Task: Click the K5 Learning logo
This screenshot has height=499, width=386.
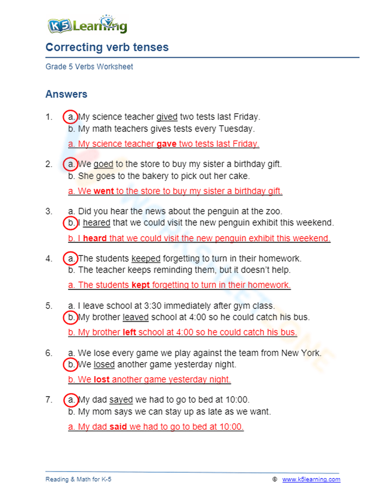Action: point(87,25)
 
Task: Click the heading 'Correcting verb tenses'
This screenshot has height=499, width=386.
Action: point(107,47)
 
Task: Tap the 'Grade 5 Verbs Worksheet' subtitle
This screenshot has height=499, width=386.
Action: point(89,67)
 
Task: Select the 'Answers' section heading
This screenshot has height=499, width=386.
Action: point(66,94)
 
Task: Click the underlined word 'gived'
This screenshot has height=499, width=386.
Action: point(167,117)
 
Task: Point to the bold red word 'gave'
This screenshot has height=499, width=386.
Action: point(166,144)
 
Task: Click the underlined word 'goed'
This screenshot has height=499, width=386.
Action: point(103,164)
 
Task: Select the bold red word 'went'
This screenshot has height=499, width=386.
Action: point(103,191)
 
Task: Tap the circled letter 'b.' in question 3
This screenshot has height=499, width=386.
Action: point(71,223)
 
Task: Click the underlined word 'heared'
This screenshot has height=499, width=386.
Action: point(96,223)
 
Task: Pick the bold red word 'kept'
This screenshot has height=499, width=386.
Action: point(141,285)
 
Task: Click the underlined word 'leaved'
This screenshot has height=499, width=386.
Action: point(135,317)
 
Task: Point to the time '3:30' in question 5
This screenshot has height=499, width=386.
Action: point(152,306)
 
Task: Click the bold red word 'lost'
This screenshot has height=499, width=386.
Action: point(102,379)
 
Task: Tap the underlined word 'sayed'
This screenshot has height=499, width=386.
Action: point(121,400)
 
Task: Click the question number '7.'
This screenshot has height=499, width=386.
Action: point(49,400)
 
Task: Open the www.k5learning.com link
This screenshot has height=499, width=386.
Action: point(311,479)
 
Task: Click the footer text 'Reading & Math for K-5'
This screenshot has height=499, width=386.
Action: point(78,479)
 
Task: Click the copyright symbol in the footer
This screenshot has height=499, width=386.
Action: point(275,479)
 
